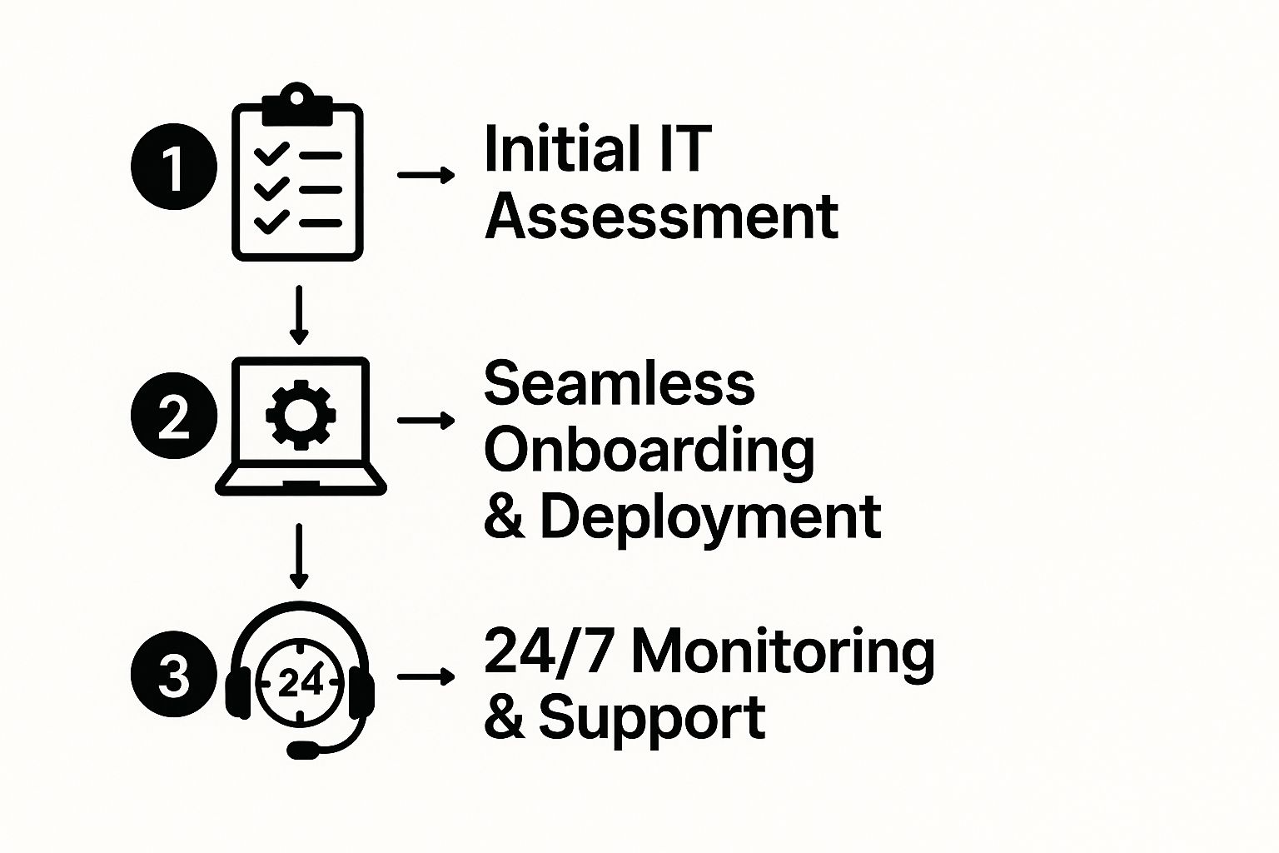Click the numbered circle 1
click(173, 167)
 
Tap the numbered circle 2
click(173, 416)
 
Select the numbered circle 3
click(173, 675)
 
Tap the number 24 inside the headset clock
click(299, 683)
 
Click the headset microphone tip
click(301, 750)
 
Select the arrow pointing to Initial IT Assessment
click(426, 175)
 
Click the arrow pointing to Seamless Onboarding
click(426, 420)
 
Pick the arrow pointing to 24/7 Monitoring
click(426, 676)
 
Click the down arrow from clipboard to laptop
click(299, 315)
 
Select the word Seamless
click(619, 384)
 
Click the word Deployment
click(710, 517)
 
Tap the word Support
click(652, 718)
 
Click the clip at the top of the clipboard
click(296, 99)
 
